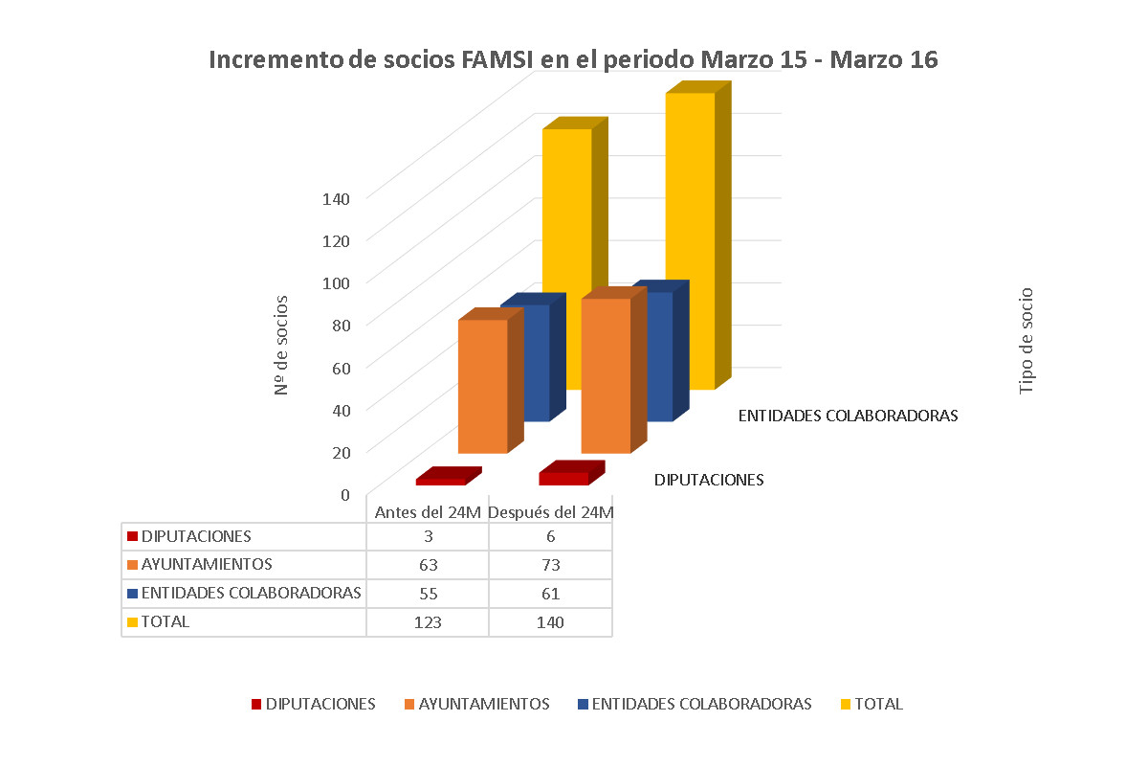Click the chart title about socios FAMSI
[573, 59]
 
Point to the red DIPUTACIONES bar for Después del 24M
[563, 478]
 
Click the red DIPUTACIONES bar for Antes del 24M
[441, 481]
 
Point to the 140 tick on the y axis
[338, 197]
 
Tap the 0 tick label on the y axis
[345, 493]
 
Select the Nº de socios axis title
[281, 345]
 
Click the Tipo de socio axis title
[1027, 341]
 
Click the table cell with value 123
[428, 621]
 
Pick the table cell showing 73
[550, 564]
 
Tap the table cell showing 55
[428, 593]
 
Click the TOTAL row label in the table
[165, 621]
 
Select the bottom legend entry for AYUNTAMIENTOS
[483, 704]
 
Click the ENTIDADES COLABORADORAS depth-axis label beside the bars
[848, 417]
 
